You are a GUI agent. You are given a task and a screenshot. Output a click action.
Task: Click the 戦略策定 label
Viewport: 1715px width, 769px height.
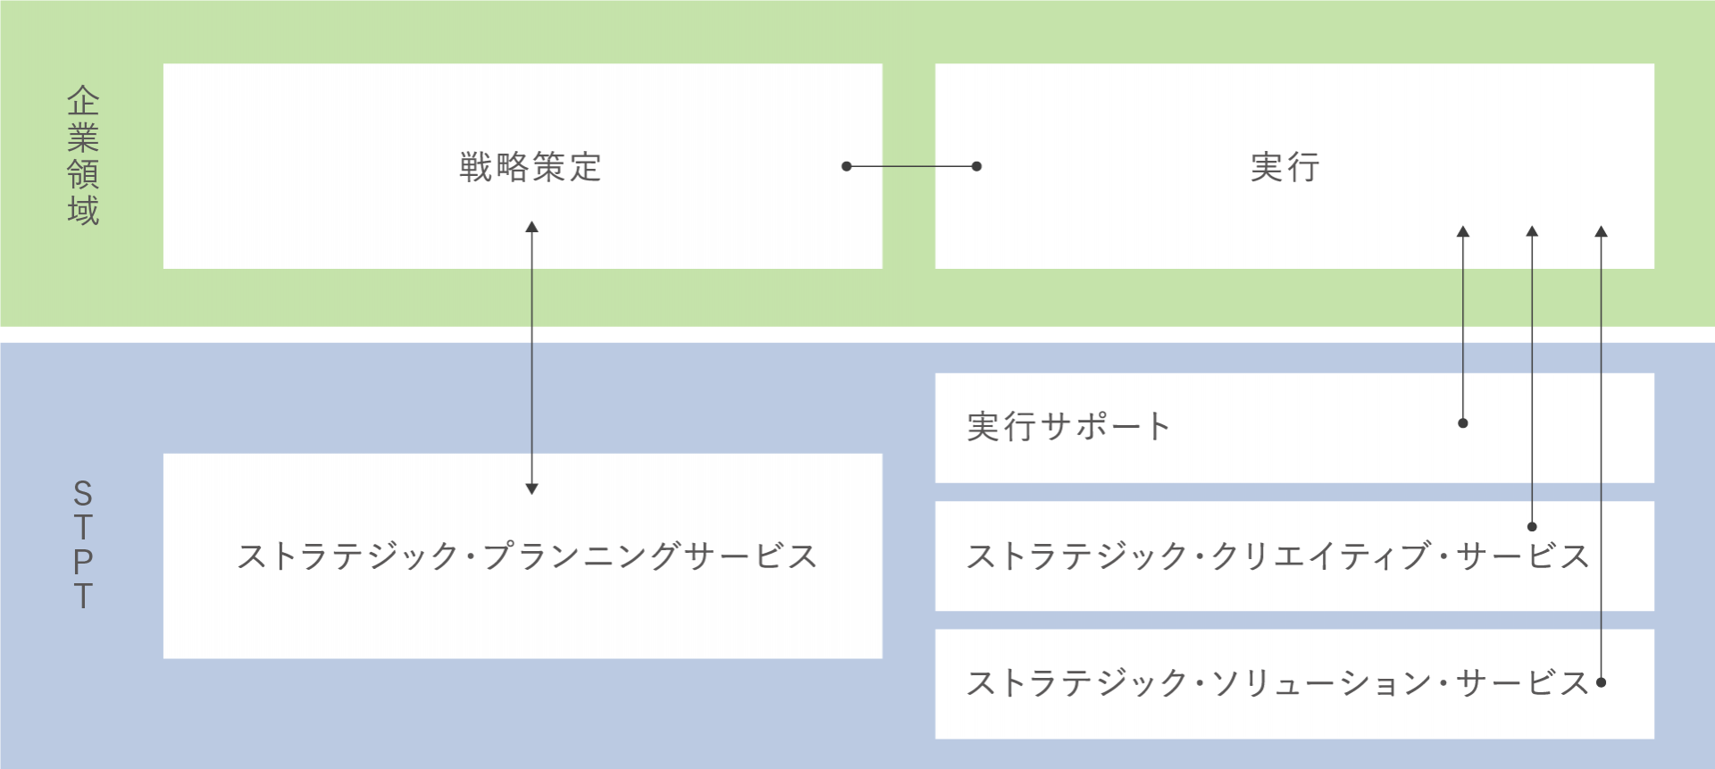[x=531, y=167]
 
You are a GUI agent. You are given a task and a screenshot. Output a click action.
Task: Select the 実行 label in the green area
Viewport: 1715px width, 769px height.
[x=1285, y=167]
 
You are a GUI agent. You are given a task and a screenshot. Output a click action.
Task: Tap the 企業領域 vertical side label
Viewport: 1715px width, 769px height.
[x=83, y=155]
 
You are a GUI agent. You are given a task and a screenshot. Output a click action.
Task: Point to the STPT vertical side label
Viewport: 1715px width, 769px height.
[x=83, y=544]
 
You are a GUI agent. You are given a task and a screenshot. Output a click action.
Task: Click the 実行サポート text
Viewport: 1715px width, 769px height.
[x=1068, y=427]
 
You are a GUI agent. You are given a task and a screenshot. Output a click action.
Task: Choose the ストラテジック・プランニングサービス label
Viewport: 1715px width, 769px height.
[x=527, y=556]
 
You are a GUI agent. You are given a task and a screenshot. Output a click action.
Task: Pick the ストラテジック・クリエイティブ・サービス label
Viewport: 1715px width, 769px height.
[x=1278, y=556]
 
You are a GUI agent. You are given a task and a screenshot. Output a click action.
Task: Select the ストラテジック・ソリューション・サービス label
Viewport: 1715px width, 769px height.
[x=1278, y=683]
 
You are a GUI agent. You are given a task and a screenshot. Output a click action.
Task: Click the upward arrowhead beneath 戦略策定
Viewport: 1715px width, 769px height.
[x=531, y=227]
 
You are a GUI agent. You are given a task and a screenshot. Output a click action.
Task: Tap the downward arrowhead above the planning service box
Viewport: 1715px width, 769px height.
[x=531, y=489]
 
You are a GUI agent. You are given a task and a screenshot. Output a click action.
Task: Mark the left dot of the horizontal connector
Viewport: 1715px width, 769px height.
[x=847, y=166]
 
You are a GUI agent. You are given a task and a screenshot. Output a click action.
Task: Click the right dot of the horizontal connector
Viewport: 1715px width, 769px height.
[x=976, y=166]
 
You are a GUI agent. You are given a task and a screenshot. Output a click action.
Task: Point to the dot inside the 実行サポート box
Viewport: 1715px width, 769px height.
[x=1463, y=423]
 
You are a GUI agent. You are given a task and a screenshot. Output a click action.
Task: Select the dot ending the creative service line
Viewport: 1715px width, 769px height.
[x=1532, y=527]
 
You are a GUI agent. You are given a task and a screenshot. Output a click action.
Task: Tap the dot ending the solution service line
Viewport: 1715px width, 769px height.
[x=1602, y=682]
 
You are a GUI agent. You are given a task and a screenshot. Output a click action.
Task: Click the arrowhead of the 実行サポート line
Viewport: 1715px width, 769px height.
[x=1463, y=231]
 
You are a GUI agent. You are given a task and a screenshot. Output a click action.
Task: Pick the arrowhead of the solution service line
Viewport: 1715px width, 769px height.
[x=1602, y=231]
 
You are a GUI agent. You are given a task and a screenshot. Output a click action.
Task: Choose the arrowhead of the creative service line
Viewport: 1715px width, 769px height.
[x=1532, y=231]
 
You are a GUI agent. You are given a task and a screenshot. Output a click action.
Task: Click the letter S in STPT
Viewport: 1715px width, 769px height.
[x=83, y=493]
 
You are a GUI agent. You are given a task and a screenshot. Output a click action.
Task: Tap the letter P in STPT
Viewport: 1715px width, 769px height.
[x=83, y=562]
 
